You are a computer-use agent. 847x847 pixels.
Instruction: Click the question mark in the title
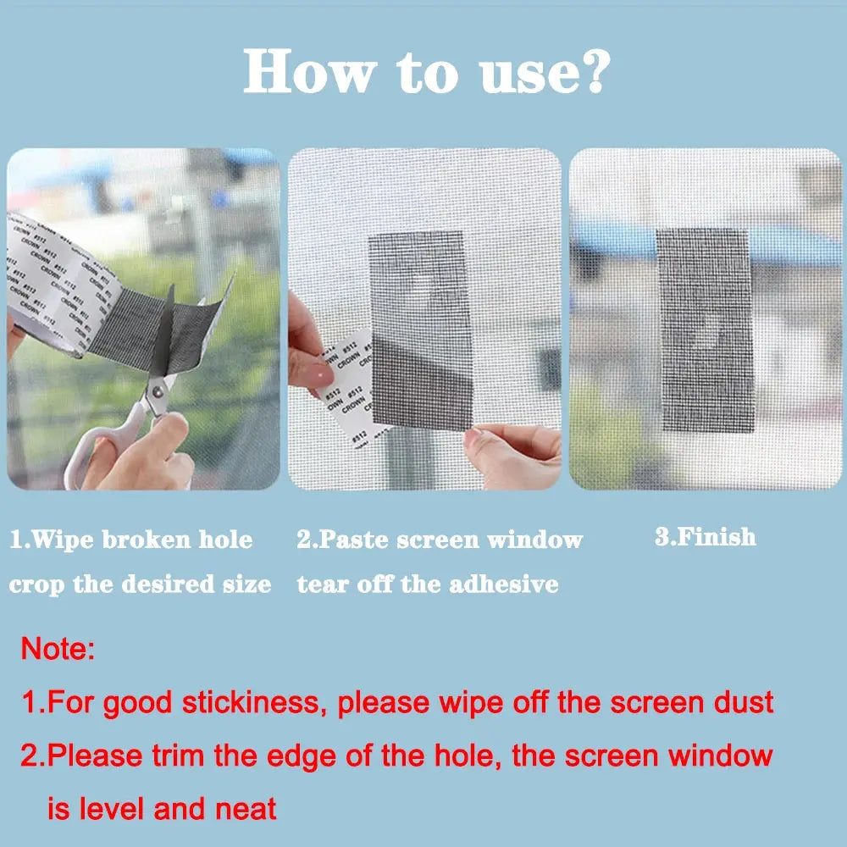(586, 71)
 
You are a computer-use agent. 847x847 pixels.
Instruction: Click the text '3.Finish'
(705, 537)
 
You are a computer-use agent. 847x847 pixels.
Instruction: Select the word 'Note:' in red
(58, 650)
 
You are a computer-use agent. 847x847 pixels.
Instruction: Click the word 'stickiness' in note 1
(257, 702)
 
